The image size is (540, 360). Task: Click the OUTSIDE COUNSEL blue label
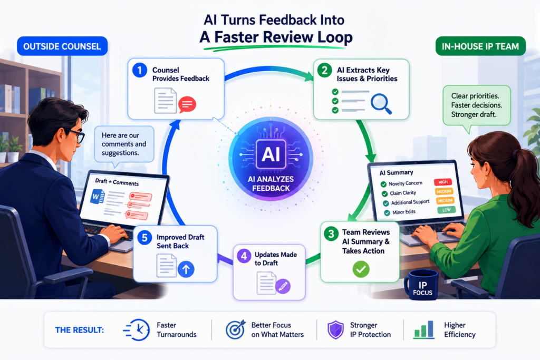pos(62,46)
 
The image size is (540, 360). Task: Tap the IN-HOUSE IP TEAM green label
pos(480,46)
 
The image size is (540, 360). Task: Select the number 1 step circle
pos(140,71)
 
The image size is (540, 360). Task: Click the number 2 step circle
pos(324,70)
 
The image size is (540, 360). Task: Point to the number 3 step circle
pos(331,234)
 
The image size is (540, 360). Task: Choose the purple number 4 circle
pos(244,256)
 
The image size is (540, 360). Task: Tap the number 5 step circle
pos(144,238)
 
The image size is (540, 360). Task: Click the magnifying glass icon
pos(381,104)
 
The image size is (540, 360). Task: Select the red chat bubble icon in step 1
pos(187,104)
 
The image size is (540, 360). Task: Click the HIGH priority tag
pos(443,182)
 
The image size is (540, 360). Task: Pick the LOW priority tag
pos(446,210)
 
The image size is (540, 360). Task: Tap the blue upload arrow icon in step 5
pos(186,269)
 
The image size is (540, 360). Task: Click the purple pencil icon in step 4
pos(283,286)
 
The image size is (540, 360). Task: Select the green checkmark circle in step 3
pos(361,269)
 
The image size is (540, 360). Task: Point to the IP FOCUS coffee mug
pos(421,285)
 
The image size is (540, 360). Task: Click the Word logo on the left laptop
pos(97,197)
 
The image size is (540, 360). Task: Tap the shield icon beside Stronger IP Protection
pos(335,330)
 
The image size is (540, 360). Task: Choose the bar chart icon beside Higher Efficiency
pos(424,330)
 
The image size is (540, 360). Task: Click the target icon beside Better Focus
pos(236,329)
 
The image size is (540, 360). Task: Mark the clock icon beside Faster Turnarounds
pos(137,330)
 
